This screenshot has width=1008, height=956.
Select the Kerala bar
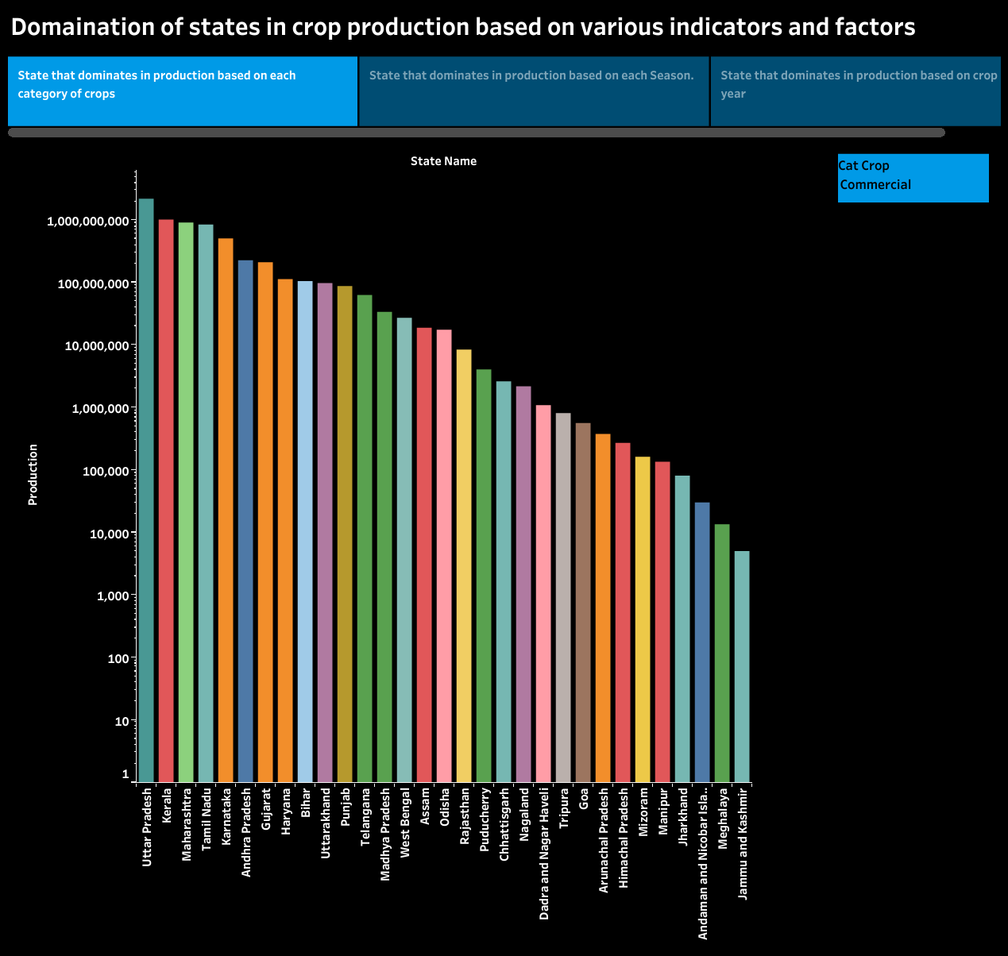[x=166, y=500]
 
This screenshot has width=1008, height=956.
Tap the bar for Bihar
[x=305, y=531]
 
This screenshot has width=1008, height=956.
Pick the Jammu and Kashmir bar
[x=742, y=666]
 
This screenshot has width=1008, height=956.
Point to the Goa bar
[x=583, y=603]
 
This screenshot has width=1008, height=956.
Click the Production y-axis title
[x=33, y=475]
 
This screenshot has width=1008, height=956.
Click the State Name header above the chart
[x=443, y=161]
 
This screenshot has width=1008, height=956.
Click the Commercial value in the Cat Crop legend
[x=875, y=185]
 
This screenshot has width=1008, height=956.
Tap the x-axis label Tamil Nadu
[x=206, y=819]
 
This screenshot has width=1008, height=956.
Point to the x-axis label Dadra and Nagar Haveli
[x=544, y=854]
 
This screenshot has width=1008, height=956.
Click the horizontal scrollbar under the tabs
[x=477, y=133]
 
